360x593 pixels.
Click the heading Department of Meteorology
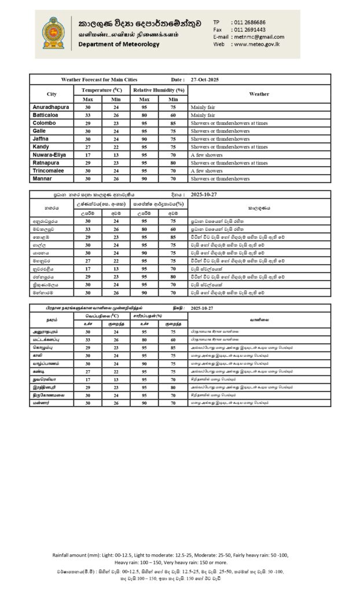coord(119,44)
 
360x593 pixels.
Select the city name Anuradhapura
coord(52,107)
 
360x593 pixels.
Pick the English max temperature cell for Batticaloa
coord(89,115)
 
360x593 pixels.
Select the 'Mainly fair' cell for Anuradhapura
coord(203,107)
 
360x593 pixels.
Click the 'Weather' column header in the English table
coord(259,94)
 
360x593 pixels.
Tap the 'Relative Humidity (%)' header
coord(159,90)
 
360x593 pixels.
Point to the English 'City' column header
coord(52,94)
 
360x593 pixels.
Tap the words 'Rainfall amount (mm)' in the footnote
coord(78,555)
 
